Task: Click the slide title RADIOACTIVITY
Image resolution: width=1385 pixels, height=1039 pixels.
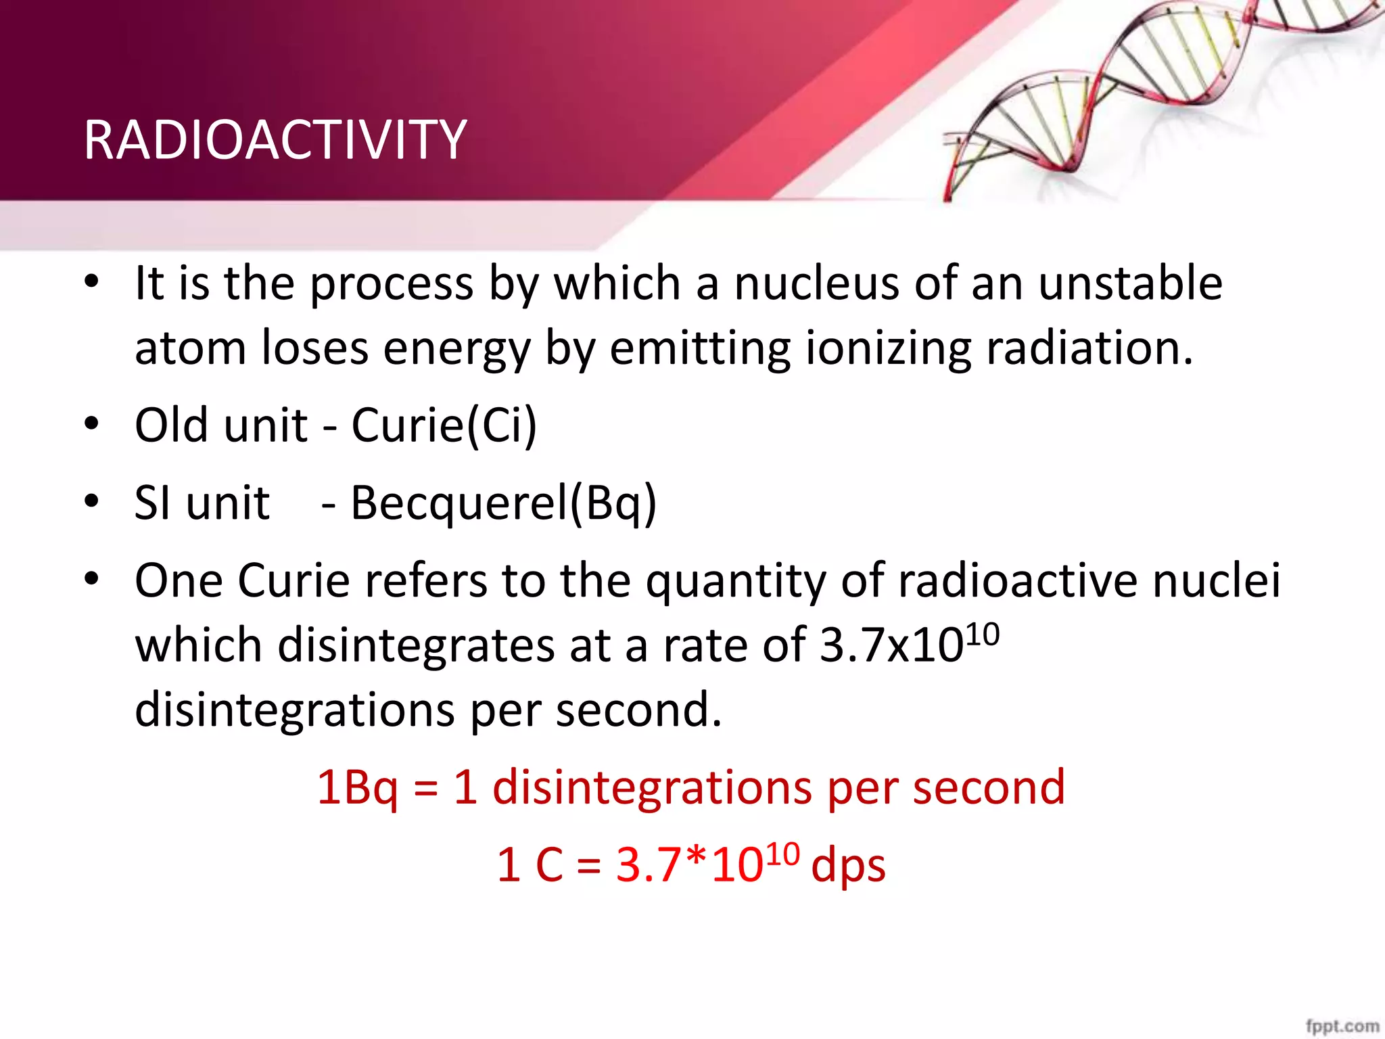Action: pos(275,140)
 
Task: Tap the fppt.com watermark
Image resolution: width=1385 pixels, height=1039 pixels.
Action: pos(1342,1025)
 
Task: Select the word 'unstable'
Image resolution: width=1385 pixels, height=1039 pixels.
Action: pos(1130,283)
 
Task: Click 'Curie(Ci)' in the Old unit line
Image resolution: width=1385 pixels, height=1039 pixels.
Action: pos(444,425)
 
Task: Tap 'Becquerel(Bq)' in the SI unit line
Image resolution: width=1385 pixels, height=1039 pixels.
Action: pos(503,503)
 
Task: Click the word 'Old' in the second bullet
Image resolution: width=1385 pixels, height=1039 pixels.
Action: pos(170,425)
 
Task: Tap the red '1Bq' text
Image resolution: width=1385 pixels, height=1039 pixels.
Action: pos(357,788)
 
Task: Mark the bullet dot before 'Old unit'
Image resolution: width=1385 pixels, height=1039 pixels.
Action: pos(92,424)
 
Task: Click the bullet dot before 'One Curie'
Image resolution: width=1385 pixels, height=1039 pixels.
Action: pos(92,579)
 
